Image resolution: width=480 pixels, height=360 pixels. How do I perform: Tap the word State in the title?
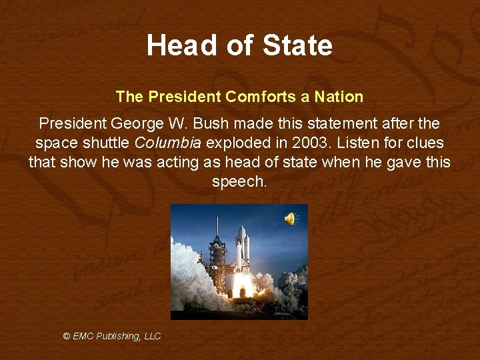(297, 45)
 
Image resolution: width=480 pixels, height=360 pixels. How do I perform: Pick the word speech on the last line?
(238, 181)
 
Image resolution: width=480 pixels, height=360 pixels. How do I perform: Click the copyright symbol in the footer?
(67, 336)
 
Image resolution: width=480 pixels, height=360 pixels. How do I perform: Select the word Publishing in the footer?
(119, 336)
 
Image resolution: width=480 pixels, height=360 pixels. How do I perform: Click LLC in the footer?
(153, 336)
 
